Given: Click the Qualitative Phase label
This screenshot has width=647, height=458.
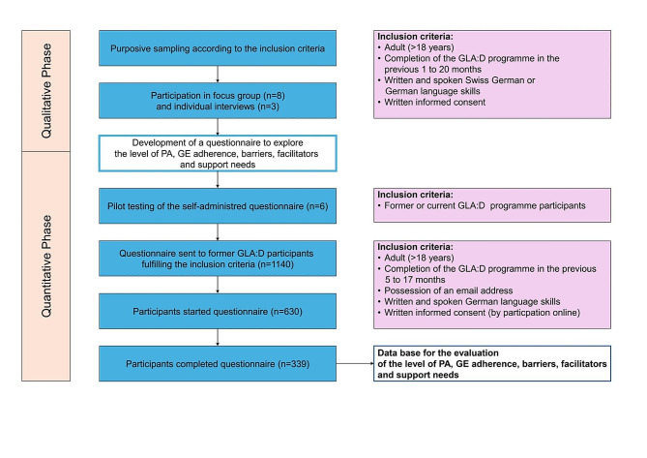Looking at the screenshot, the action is point(46,91).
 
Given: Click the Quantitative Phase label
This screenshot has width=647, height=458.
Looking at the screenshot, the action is point(46,266).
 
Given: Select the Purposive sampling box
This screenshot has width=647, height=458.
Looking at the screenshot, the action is point(218,47).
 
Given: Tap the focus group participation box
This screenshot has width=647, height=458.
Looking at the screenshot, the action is point(218,101).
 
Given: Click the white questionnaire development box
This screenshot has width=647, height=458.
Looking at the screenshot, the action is point(218,153).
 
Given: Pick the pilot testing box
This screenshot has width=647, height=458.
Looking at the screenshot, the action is point(218,205).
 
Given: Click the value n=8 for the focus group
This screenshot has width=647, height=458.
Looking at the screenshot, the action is point(274,96).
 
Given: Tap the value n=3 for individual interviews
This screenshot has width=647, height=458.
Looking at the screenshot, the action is point(268,107).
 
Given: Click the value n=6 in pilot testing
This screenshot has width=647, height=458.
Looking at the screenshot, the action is point(317,206).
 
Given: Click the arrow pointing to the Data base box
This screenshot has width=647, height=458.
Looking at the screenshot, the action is point(355,364).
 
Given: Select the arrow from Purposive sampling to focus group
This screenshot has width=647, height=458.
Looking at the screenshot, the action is point(218,75).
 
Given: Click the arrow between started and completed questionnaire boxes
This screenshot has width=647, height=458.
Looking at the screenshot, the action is point(218,337).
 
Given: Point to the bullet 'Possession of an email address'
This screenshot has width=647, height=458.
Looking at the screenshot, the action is point(445,290).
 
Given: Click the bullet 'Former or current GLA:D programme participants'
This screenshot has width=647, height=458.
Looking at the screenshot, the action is point(482,205).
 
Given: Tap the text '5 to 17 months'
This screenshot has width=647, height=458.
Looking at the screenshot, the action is point(415,280).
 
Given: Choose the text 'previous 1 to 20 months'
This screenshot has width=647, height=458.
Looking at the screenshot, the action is point(433,69).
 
